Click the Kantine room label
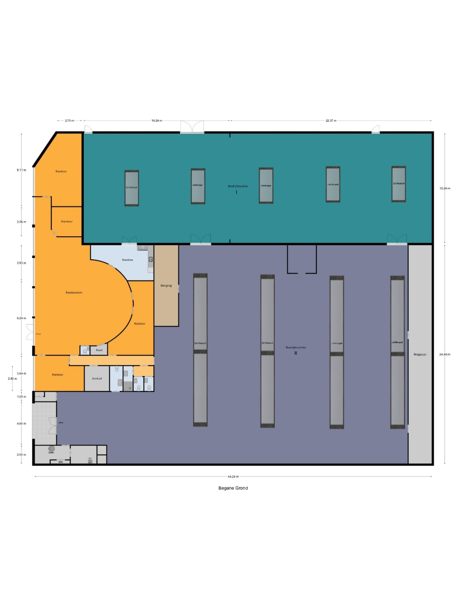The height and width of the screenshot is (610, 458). point(127,260)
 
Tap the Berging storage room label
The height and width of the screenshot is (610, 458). point(166,285)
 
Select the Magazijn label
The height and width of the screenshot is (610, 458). point(420,354)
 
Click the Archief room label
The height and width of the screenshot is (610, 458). point(97,378)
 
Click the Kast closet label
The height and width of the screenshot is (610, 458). point(99,350)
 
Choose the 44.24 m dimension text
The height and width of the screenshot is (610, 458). point(233,476)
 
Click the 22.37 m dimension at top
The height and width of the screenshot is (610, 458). point(331,121)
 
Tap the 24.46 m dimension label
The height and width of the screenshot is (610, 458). point(444,354)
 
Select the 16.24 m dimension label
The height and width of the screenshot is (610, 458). point(157,121)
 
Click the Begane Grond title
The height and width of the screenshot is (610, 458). point(233,488)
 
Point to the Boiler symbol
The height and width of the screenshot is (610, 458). point(51,449)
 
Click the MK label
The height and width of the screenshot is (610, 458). point(61,462)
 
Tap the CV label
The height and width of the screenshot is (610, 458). point(90,458)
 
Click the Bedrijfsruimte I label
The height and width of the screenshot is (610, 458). point(237,186)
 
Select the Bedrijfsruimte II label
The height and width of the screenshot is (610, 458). point(296,348)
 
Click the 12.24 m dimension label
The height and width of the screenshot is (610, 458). point(445,188)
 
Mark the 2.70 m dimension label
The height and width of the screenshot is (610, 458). point(69,121)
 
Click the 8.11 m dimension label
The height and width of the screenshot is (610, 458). point(21,170)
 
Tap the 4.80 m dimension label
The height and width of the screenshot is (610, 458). point(21,424)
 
